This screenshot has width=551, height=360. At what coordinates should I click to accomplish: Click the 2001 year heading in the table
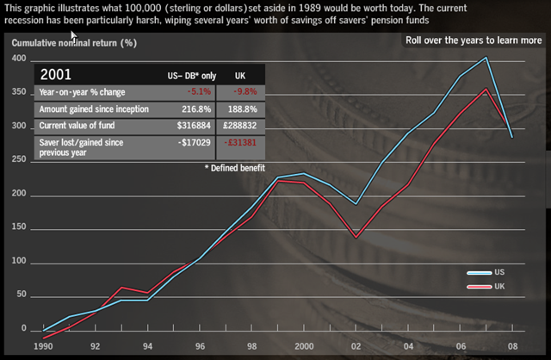(x=59, y=75)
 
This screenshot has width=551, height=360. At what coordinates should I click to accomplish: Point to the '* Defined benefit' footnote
(x=234, y=167)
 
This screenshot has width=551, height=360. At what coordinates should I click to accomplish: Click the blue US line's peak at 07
(x=486, y=58)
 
